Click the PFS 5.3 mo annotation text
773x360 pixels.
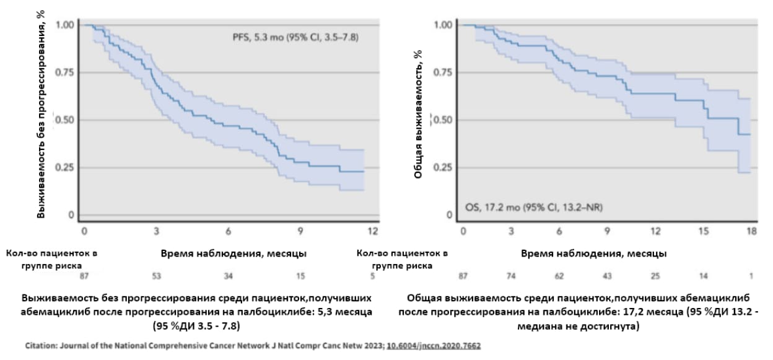[292, 38]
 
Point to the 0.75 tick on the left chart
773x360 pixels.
[64, 72]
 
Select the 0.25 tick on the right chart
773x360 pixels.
[443, 167]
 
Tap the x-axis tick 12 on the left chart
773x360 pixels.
[372, 231]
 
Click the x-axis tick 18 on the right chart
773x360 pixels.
[752, 231]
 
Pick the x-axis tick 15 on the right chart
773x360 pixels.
[704, 231]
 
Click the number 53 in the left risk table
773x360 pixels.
[157, 276]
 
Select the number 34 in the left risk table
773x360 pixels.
[229, 276]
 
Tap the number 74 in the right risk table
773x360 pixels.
[511, 276]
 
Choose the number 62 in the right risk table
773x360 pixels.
[559, 276]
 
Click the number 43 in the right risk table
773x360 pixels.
[608, 276]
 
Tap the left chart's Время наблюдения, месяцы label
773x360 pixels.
[234, 253]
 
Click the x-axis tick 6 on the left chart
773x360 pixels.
[229, 231]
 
